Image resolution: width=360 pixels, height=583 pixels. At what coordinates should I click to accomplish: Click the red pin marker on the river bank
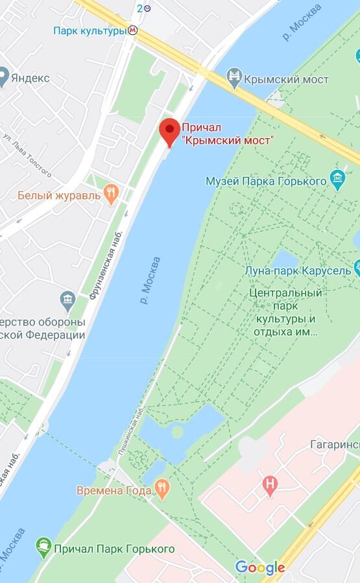click(170, 131)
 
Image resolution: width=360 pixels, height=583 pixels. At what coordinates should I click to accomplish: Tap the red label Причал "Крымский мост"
click(227, 134)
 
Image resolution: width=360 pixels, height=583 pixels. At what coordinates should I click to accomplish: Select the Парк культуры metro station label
click(89, 30)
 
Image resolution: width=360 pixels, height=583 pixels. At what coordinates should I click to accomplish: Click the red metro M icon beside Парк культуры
click(133, 30)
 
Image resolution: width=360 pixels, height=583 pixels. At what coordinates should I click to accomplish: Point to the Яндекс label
click(29, 78)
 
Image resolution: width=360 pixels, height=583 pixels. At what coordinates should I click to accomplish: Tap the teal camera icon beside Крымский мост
click(234, 79)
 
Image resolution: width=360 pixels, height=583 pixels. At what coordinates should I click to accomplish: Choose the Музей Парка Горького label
click(266, 181)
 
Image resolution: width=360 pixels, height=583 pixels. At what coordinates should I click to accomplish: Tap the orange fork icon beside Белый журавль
click(112, 193)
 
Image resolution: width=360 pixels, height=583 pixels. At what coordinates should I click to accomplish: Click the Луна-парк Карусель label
click(298, 270)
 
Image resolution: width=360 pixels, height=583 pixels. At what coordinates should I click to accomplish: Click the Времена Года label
click(114, 491)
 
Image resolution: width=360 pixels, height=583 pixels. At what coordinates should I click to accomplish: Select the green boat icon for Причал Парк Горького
click(43, 549)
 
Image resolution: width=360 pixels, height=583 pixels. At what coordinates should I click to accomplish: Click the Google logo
click(259, 567)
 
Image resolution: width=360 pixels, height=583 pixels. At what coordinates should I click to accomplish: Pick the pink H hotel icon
click(269, 484)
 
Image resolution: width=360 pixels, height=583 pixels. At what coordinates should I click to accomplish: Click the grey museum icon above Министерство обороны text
click(67, 300)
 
